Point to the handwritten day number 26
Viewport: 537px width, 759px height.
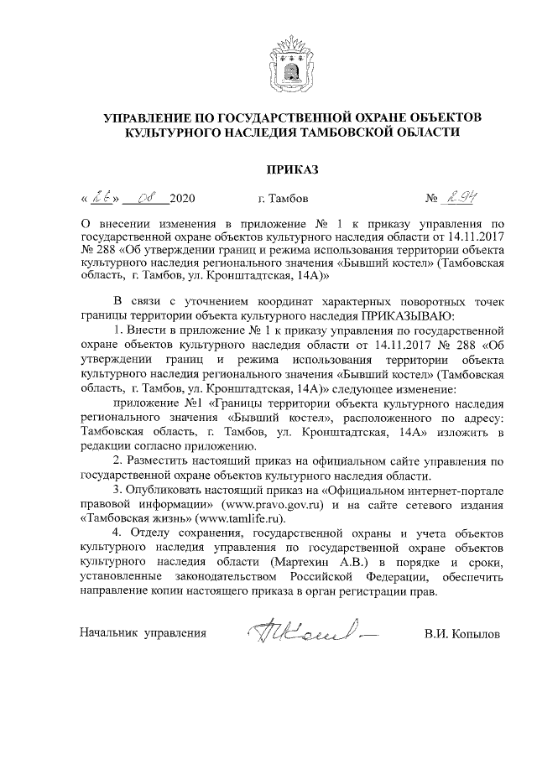click(x=102, y=199)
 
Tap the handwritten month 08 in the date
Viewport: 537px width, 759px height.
click(x=146, y=199)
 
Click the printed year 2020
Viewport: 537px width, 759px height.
click(x=182, y=200)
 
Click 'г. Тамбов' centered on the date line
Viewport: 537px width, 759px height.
click(x=283, y=200)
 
